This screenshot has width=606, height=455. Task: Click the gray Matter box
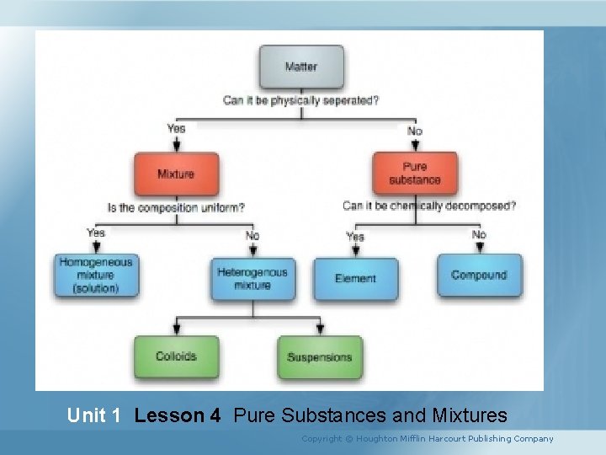point(301,67)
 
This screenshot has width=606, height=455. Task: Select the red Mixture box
point(176,174)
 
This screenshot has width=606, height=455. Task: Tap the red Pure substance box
point(415,174)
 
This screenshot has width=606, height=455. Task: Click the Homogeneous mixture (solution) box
point(96,276)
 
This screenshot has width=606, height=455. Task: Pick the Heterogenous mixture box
point(252,279)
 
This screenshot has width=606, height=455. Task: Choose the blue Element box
point(355,279)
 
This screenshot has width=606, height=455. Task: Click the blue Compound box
point(479,276)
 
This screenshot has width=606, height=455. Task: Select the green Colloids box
point(176,356)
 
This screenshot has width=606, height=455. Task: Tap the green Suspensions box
point(320,357)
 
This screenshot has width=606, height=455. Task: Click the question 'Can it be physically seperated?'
point(300,101)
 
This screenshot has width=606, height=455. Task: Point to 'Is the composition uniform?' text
point(177,207)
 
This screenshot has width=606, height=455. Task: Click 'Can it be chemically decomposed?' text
point(429,206)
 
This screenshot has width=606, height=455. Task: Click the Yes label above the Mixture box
point(176,129)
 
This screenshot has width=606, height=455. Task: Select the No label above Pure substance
point(415,131)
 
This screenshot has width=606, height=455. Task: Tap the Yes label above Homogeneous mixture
point(96,233)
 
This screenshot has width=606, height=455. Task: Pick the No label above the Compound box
point(479,234)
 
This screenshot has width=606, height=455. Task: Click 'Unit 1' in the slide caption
point(94,415)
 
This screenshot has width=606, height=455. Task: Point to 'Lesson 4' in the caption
point(177,415)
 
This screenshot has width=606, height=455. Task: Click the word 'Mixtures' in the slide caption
point(469,415)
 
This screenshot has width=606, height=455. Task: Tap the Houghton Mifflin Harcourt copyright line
point(428,438)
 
